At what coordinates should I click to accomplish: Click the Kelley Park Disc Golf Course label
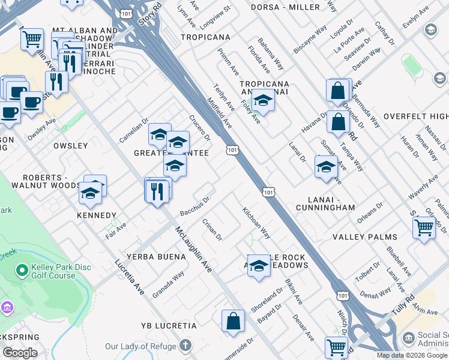tap(53, 271)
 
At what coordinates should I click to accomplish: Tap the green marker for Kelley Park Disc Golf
tap(22, 271)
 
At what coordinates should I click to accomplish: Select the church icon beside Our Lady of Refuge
tap(185, 346)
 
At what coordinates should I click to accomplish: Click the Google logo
tap(20, 353)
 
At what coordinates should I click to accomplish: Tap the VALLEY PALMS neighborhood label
tap(365, 237)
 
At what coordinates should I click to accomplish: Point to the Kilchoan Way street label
tap(256, 223)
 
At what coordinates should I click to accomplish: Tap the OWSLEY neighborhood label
tap(70, 146)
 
